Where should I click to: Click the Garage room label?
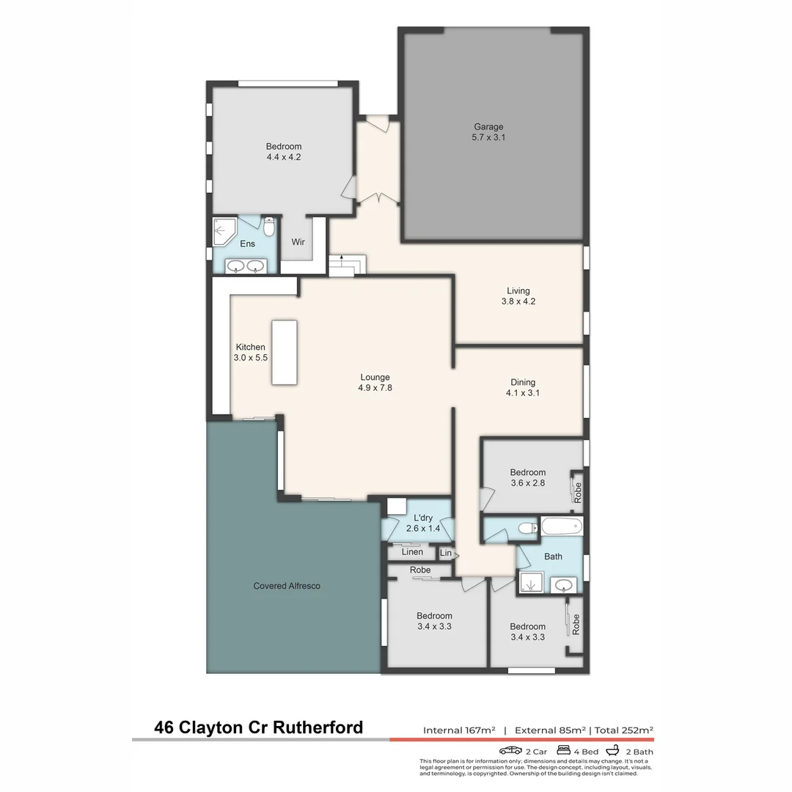488,127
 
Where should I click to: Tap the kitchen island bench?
285,352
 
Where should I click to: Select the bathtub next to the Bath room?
562,527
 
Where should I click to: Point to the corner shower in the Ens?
224,232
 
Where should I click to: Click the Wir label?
298,242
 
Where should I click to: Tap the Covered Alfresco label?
287,586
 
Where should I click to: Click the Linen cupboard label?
412,552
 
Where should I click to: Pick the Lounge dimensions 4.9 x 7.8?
375,388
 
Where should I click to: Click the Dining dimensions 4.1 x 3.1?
523,392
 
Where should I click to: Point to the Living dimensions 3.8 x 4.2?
518,301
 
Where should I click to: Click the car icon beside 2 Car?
510,750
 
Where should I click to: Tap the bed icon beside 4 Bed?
564,750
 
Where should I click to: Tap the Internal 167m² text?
459,730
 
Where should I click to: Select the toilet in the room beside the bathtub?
525,527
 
